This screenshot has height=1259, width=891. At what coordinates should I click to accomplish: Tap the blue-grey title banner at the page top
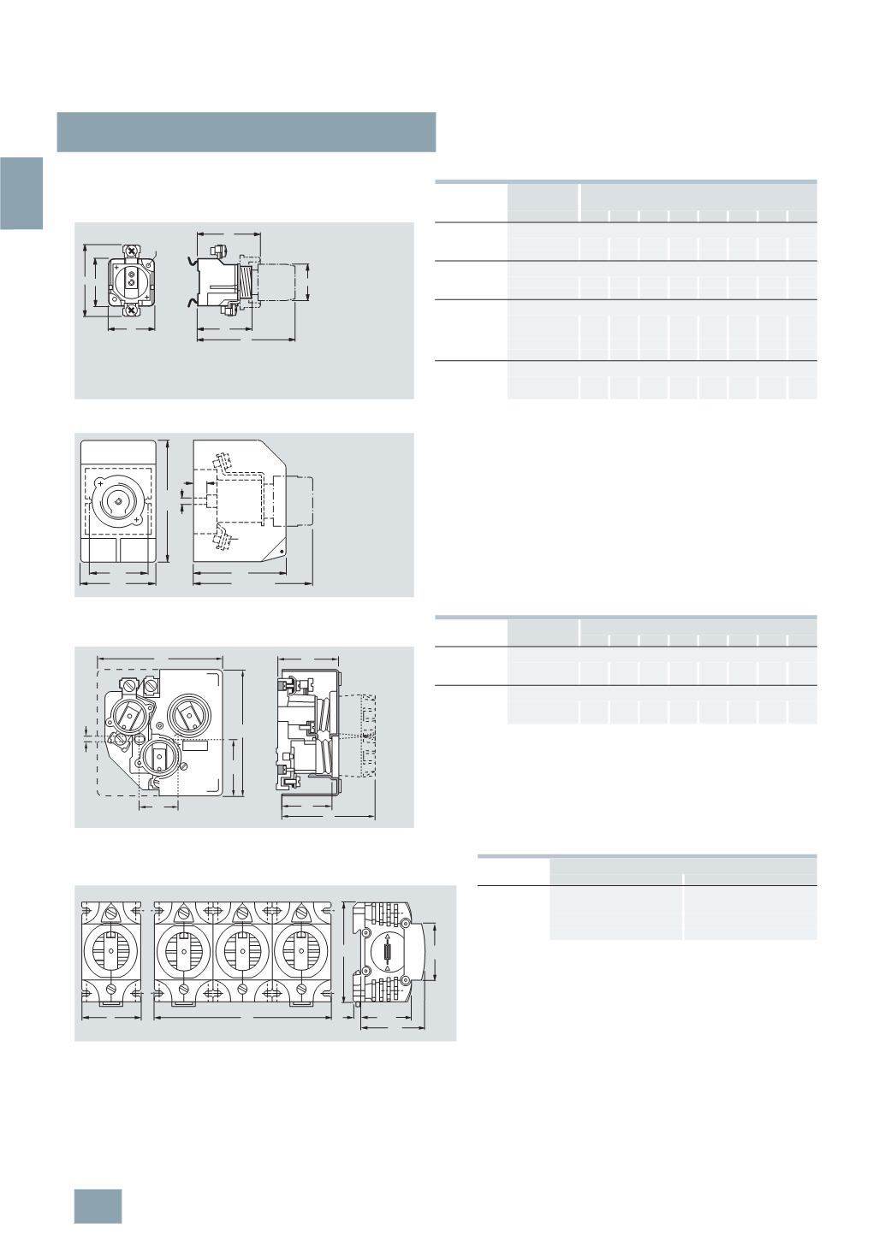tap(247, 132)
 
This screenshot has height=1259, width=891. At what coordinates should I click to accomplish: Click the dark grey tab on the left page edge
tap(21, 193)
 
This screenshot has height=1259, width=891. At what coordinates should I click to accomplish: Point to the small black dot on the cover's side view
tap(283, 554)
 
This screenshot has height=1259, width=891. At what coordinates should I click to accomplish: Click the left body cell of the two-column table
tap(616, 913)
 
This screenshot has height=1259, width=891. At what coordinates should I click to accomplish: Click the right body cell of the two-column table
tap(750, 913)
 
